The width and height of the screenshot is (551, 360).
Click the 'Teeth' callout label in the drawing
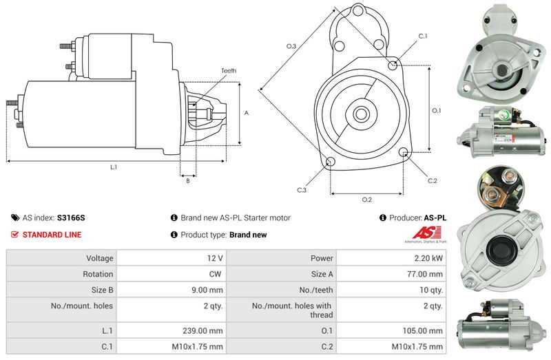(229, 71)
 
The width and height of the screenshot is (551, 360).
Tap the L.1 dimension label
(113, 167)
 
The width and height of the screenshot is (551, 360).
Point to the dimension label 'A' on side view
(246, 112)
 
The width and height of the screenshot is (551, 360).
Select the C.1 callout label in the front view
(423, 35)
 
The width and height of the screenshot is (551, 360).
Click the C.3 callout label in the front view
(302, 190)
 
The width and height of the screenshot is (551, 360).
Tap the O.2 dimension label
(366, 200)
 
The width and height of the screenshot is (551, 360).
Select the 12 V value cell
(214, 258)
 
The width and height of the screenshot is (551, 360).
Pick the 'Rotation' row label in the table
(98, 274)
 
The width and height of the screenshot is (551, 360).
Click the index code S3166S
(71, 218)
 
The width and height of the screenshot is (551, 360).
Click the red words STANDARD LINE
(52, 235)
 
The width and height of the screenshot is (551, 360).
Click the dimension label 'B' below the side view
(188, 181)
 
